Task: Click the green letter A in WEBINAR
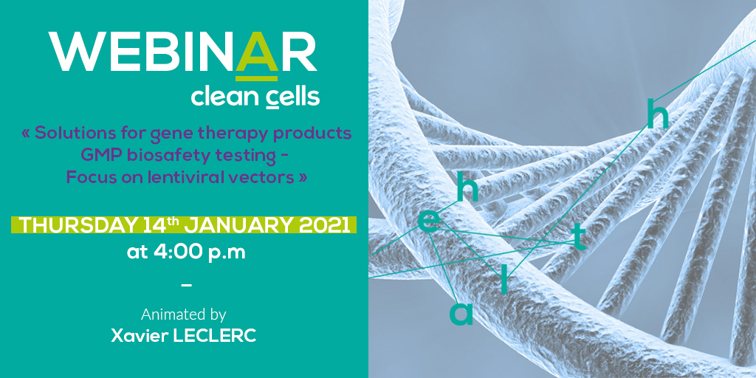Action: tap(256, 52)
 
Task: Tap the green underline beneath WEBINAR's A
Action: tap(256, 78)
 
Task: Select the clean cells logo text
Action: tap(255, 97)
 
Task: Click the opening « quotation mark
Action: tap(26, 134)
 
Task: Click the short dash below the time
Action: tap(186, 285)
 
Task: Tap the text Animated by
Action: tap(183, 315)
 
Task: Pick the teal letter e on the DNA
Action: tap(429, 221)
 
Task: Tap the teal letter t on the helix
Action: tap(579, 237)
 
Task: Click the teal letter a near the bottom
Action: tap(461, 313)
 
